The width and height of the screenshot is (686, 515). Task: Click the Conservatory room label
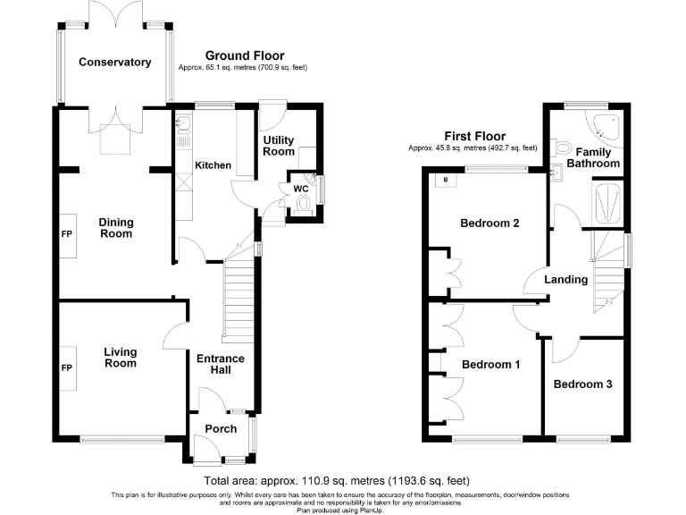tap(114, 63)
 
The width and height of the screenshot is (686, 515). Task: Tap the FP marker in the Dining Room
tap(66, 234)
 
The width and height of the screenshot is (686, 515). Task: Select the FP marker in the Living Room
tap(66, 367)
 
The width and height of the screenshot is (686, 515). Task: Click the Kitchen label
tap(213, 165)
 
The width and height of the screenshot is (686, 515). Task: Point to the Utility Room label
tap(278, 146)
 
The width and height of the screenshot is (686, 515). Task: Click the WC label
tap(300, 189)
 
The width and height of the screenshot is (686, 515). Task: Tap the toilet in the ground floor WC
tap(305, 204)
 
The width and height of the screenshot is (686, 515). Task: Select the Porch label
tap(221, 429)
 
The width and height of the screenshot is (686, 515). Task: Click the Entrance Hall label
tap(221, 365)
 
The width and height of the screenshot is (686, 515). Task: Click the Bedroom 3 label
tap(582, 384)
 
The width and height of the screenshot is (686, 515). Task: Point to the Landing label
tap(566, 280)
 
